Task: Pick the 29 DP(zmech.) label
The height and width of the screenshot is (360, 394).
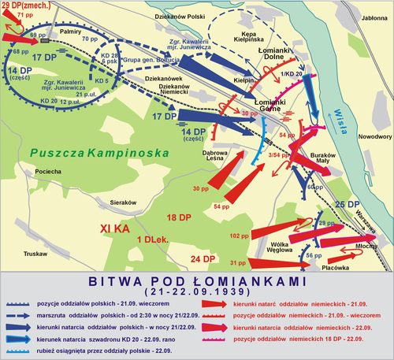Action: (x=25, y=6)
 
